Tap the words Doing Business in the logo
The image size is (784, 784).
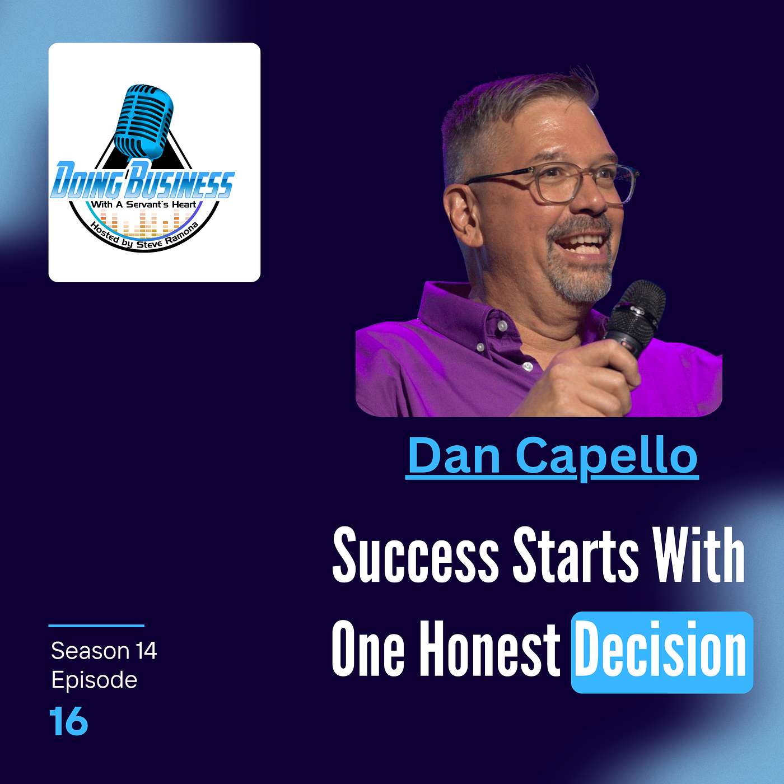[x=142, y=181]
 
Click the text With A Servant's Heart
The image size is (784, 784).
[x=144, y=204]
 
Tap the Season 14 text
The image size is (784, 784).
[x=104, y=651]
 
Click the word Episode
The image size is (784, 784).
[x=94, y=680]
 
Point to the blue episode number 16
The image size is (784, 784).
[x=68, y=721]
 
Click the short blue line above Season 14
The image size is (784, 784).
[x=96, y=626]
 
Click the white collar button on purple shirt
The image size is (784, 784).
[x=502, y=325]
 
